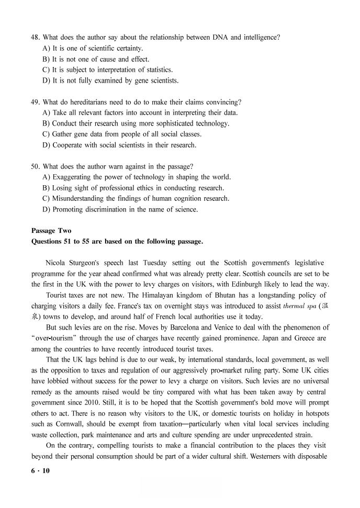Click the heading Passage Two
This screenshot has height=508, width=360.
point(51,231)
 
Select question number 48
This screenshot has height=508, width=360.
point(36,37)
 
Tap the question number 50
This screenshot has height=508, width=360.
point(36,166)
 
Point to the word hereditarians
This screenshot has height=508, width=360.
point(88,102)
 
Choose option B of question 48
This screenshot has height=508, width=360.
point(96,59)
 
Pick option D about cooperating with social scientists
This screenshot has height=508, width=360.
point(119,145)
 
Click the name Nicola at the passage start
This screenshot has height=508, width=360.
point(57,263)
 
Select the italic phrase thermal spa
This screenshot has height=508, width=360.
point(300,306)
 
